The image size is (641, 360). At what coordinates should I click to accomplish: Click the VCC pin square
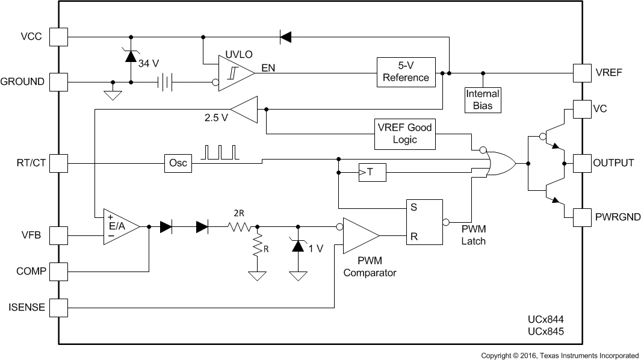[58, 36]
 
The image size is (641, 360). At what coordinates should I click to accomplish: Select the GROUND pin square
[58, 81]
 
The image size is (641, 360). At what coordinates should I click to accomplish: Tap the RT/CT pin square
[58, 163]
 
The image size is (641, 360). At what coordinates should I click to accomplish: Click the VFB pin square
[58, 235]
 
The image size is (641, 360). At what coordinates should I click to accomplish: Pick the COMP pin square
[58, 271]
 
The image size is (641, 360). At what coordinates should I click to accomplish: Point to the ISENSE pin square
[58, 308]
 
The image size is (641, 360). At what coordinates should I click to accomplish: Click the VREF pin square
[582, 73]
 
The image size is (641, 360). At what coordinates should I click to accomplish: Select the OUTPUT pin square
[582, 163]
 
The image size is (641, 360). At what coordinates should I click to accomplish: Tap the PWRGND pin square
[582, 217]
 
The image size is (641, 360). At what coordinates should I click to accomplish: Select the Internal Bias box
[483, 99]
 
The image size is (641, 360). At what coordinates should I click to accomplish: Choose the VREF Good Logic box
[405, 134]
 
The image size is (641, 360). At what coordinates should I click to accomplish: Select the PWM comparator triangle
[359, 235]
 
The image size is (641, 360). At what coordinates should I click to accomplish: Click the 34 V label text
[149, 63]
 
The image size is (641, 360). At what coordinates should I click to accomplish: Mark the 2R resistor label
[240, 213]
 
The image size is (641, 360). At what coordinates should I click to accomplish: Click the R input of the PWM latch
[414, 235]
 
